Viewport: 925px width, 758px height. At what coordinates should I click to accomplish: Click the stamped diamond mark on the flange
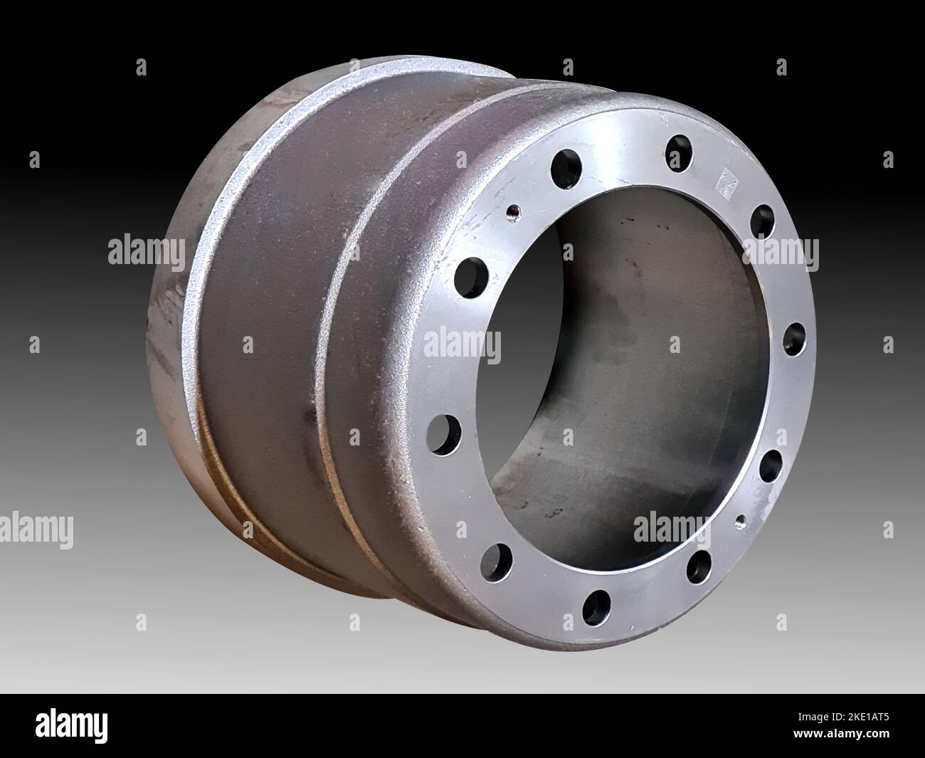726,184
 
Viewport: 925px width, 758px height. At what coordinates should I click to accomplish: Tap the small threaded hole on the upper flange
513,214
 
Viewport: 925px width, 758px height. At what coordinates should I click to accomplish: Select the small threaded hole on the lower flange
741,522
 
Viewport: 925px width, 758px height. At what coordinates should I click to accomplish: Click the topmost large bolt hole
679,153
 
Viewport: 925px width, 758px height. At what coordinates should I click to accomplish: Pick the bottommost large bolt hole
596,608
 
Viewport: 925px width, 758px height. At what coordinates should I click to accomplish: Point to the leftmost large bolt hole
443,434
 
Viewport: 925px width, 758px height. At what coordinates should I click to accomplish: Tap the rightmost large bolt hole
794,339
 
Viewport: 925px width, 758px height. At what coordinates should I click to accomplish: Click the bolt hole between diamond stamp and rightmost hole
763,222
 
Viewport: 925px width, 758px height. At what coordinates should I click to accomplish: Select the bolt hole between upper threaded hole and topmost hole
566,169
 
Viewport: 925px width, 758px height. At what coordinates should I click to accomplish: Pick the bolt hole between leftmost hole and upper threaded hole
472,278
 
